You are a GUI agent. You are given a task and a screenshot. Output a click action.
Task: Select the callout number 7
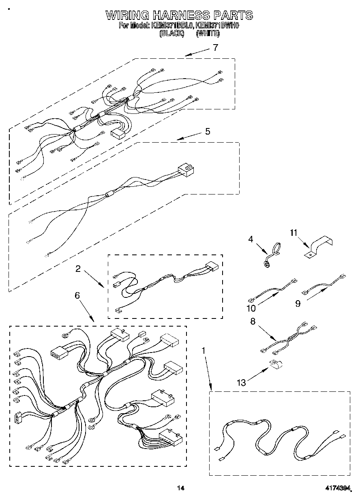215,47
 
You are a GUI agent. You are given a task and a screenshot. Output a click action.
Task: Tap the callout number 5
208,132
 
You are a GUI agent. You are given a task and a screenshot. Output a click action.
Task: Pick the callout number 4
251,239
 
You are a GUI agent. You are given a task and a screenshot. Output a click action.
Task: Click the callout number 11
293,233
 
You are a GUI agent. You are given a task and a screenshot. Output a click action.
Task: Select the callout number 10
251,308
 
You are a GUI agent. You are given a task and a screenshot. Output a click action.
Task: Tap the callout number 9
298,303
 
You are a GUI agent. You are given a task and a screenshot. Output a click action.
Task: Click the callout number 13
241,382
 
